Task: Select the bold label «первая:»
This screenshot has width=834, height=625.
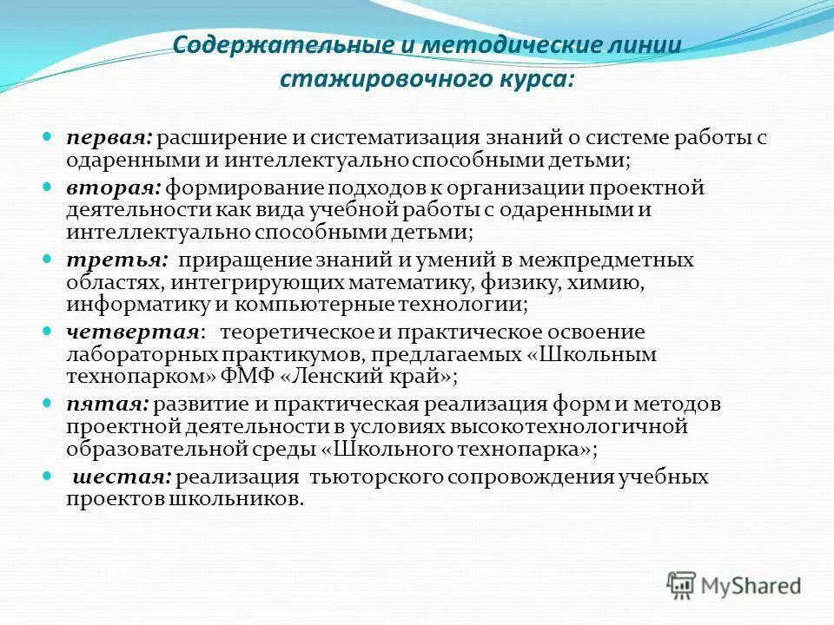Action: (x=110, y=138)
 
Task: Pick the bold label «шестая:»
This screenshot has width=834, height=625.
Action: (x=122, y=477)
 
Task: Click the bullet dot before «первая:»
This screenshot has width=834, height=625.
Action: (x=49, y=138)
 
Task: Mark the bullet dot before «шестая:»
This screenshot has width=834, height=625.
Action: (x=49, y=477)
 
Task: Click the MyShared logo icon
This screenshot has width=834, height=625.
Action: (x=681, y=584)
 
